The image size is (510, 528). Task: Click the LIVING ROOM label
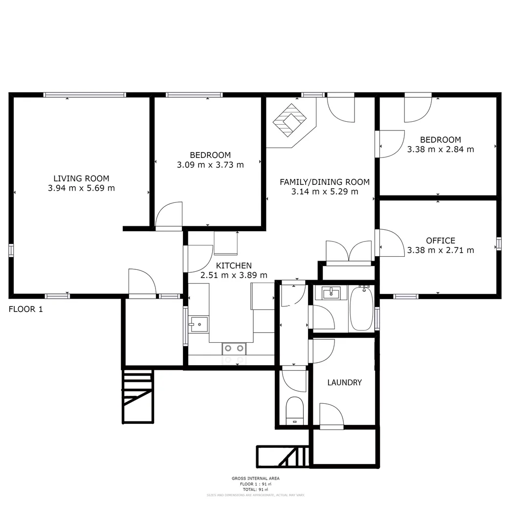81,178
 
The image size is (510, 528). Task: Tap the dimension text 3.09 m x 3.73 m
210,165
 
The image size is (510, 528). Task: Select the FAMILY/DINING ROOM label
324,182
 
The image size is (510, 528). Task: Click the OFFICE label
440,241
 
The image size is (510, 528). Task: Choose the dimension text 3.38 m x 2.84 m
440,149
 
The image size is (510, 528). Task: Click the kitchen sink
199,324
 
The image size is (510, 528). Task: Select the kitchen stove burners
234,349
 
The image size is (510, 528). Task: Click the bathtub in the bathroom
361,309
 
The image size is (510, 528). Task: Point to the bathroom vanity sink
331,293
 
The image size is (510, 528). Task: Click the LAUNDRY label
344,382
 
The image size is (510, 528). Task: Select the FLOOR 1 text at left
26,309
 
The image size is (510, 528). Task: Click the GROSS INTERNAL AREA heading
256,479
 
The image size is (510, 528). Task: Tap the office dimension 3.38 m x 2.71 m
440,250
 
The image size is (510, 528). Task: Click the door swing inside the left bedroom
169,215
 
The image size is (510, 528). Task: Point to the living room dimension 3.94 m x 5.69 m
81,188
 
